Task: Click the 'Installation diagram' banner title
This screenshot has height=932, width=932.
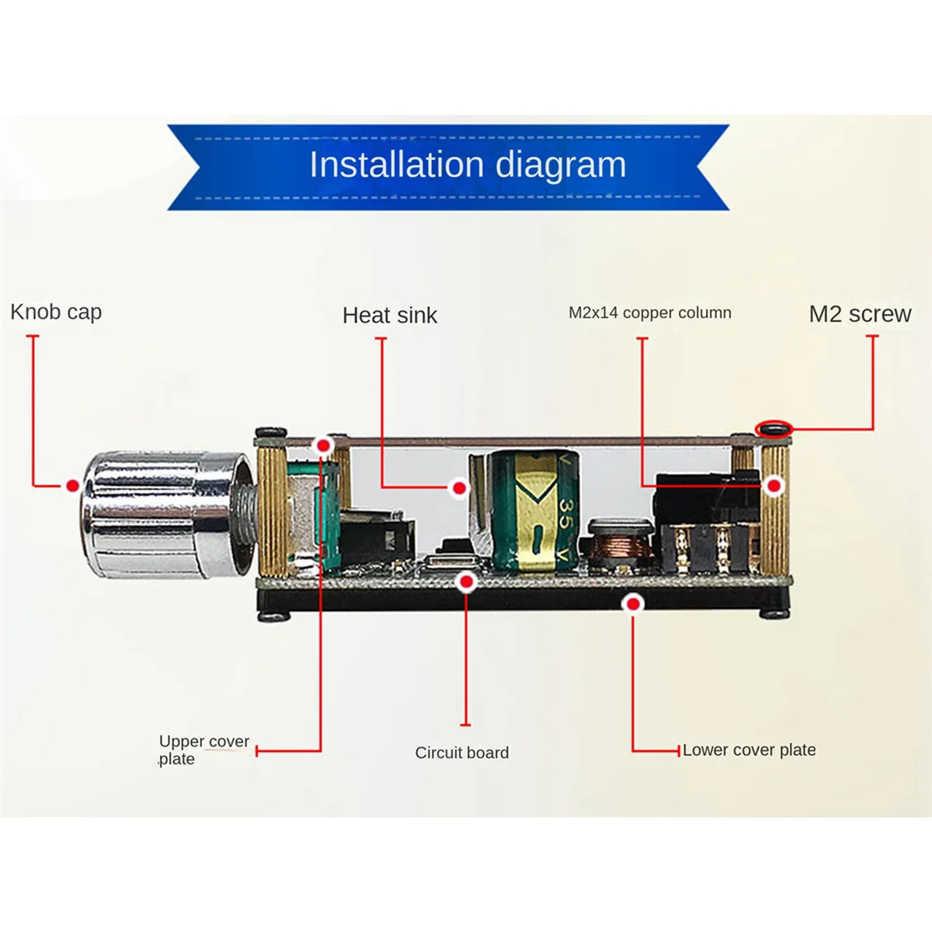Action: pyautogui.click(x=468, y=165)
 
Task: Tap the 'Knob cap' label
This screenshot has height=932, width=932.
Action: pyautogui.click(x=56, y=312)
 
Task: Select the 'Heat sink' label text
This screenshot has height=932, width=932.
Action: pyautogui.click(x=390, y=315)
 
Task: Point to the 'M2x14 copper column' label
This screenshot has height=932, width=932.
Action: pyautogui.click(x=650, y=313)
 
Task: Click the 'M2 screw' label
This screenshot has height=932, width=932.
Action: pyautogui.click(x=860, y=314)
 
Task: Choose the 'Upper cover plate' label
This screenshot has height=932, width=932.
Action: pyautogui.click(x=203, y=749)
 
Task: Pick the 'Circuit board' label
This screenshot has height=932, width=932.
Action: pyautogui.click(x=462, y=753)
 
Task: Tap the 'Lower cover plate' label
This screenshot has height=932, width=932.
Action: pyautogui.click(x=749, y=750)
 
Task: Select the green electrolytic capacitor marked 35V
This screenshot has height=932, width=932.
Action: pyautogui.click(x=532, y=509)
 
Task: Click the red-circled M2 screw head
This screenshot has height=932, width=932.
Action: pyautogui.click(x=774, y=428)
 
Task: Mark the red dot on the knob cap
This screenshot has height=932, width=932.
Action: pyautogui.click(x=73, y=486)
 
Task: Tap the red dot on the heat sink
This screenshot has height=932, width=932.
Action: pyautogui.click(x=460, y=488)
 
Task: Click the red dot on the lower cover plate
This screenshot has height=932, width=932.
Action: pyautogui.click(x=635, y=603)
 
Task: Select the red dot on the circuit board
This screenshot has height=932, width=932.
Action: pyautogui.click(x=466, y=581)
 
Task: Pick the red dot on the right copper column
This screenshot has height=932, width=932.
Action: pyautogui.click(x=774, y=486)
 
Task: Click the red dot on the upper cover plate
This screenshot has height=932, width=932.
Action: pyautogui.click(x=323, y=446)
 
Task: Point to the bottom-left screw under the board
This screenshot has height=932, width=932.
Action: pyautogui.click(x=273, y=616)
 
